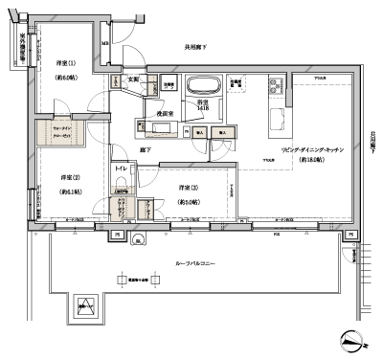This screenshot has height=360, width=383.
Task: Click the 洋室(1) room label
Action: [64, 63]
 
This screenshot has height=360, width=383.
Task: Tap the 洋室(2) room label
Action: [69, 178]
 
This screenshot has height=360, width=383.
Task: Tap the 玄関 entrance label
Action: [134, 79]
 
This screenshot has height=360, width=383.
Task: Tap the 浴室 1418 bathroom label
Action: [203, 107]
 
